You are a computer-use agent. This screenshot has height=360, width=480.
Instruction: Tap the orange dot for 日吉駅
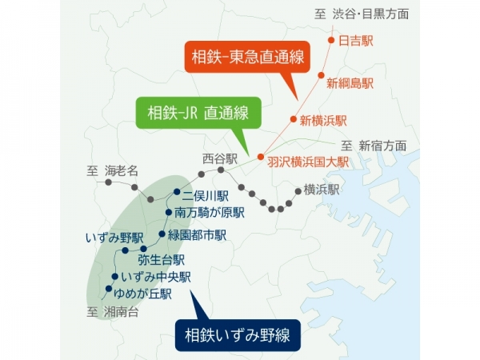point(331,39)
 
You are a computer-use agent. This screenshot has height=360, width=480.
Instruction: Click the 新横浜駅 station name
point(323,121)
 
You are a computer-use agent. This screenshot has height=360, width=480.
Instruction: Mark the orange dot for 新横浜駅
point(293,118)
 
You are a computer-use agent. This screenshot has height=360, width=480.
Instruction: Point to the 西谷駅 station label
point(220,159)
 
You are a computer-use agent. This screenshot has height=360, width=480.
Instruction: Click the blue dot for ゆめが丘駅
point(108,289)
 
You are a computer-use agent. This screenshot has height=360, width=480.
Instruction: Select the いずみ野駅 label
point(114,238)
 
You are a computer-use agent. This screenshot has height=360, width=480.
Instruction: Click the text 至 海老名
point(113,170)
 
